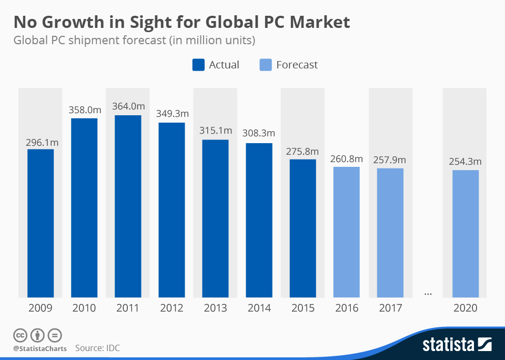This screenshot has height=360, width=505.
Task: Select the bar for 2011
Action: pos(128,206)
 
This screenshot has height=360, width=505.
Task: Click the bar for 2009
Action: pos(41,223)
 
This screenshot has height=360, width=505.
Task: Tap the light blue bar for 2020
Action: pos(465,233)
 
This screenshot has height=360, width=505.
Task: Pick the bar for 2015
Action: pos(302,228)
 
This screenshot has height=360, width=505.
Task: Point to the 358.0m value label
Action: pos(84,110)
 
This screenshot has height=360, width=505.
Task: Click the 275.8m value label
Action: pos(302,151)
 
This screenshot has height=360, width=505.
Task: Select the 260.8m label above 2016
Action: pos(346,159)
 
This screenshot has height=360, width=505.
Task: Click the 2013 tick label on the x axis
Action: pos(215,308)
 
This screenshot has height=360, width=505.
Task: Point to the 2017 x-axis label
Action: pos(390,308)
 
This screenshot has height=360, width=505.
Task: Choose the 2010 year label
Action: pos(84,308)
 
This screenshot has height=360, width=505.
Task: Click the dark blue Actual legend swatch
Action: pos(198,65)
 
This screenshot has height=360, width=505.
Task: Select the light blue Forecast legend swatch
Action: pos(266,65)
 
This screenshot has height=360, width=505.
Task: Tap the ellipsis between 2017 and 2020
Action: pos(428,294)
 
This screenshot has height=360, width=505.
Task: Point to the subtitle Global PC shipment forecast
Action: pos(134,40)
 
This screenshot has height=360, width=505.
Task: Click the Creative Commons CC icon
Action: pos(20,335)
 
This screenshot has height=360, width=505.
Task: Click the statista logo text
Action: pos(448,345)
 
